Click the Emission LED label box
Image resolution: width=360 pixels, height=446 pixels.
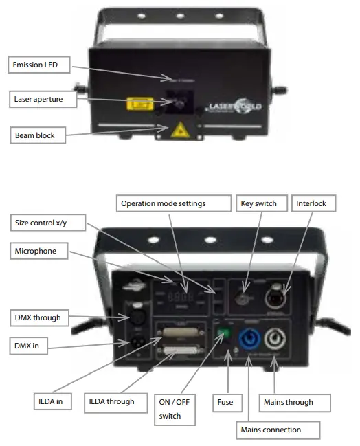coord(41,65)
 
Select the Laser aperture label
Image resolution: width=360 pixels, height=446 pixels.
coord(40,100)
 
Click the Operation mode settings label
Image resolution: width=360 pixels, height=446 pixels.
coord(172,203)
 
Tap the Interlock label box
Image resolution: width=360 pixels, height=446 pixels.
coord(313,203)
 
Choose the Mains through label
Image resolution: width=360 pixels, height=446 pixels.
coord(289,402)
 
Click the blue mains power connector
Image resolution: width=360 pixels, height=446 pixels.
coord(247,342)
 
